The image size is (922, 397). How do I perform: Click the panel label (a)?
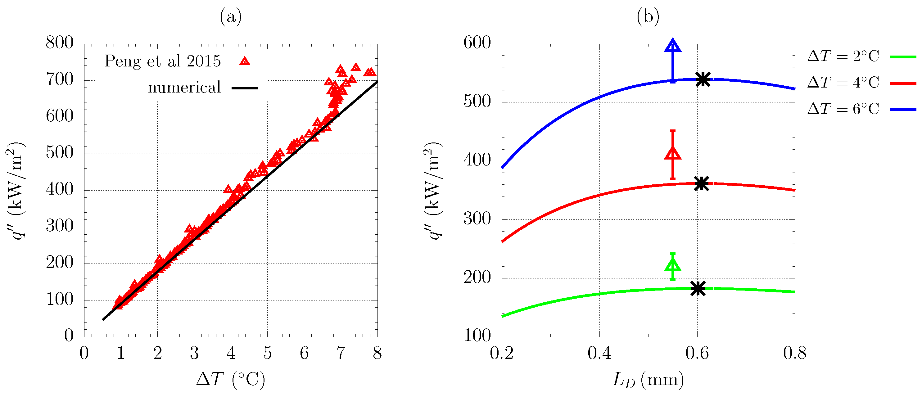[230, 16]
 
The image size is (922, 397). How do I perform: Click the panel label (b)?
[648, 16]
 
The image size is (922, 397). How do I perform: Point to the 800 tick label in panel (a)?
[59, 43]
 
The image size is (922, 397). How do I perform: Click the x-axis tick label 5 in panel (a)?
[267, 353]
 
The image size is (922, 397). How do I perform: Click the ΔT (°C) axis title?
[230, 379]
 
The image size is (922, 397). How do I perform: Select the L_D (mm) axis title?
[648, 379]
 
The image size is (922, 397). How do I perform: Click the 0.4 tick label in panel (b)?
[599, 353]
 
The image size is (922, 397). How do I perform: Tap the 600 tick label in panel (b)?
[477, 43]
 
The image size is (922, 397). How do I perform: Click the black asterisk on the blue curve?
[703, 79]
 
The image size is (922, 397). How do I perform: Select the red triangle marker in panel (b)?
[672, 154]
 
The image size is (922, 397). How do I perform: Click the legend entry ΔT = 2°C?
[843, 56]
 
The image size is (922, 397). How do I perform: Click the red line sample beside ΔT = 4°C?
[903, 83]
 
